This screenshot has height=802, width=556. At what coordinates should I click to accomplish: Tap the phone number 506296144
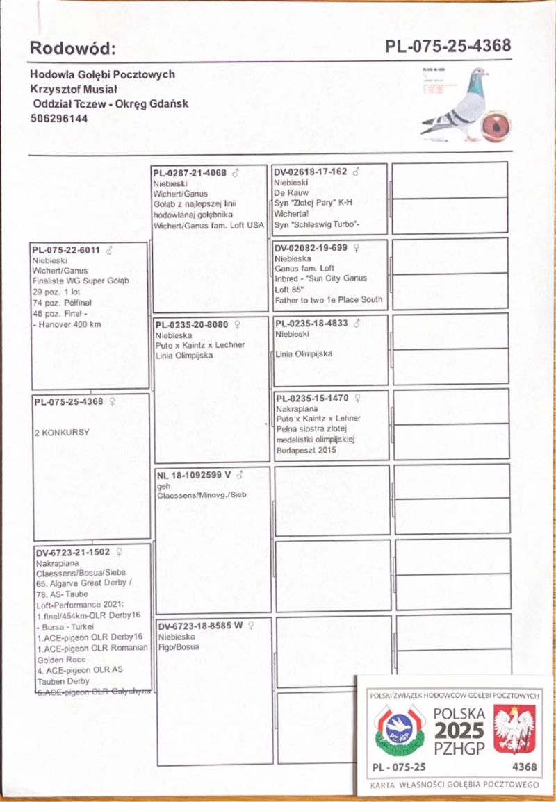click(x=59, y=118)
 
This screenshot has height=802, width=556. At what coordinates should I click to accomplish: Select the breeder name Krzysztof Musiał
click(x=73, y=89)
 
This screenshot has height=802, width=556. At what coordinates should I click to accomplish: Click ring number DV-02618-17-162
click(x=310, y=172)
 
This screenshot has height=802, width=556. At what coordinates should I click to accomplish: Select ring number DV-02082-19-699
click(x=310, y=247)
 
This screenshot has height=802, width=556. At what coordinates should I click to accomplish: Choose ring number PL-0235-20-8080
click(x=191, y=324)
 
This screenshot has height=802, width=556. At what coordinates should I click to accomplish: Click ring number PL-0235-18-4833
click(x=311, y=323)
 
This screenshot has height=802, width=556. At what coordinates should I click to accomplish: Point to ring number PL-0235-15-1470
click(x=311, y=399)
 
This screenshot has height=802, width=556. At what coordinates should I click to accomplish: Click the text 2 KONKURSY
click(x=62, y=432)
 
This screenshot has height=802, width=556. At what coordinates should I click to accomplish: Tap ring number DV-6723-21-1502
click(x=72, y=552)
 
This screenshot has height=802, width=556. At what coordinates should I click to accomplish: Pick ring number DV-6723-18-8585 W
click(x=199, y=625)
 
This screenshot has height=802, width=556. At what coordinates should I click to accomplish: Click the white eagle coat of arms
click(x=514, y=728)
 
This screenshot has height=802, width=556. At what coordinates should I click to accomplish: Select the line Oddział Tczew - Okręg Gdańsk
click(x=110, y=103)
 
